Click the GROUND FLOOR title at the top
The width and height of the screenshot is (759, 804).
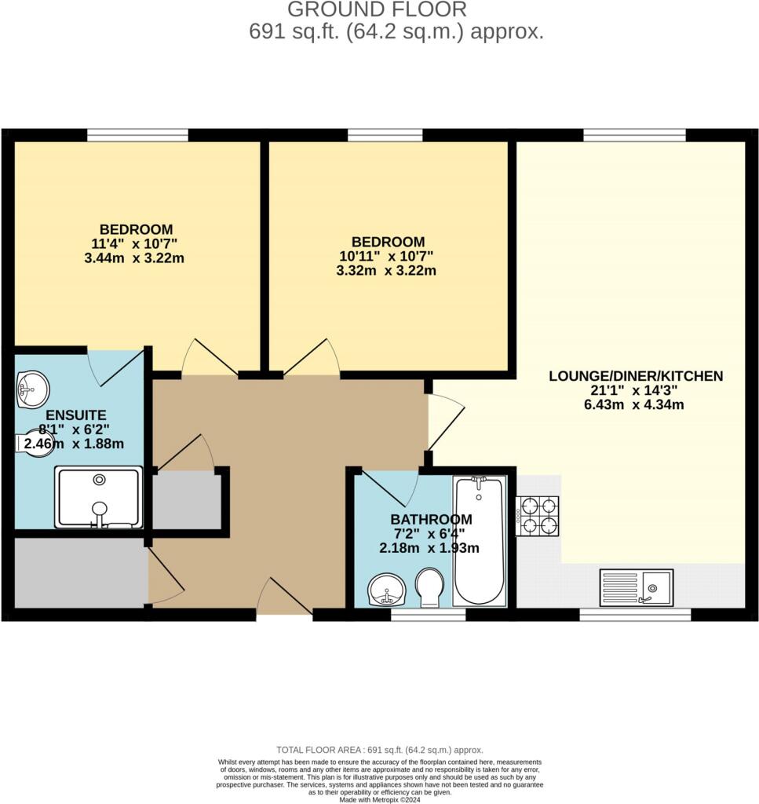(x=376, y=10)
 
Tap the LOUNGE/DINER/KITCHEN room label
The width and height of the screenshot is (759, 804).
(x=635, y=376)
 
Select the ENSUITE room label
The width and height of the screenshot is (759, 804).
(x=75, y=415)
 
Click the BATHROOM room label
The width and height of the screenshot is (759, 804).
(x=432, y=519)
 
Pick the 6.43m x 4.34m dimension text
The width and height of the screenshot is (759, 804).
(x=635, y=405)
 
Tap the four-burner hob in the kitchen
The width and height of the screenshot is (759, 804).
(x=538, y=515)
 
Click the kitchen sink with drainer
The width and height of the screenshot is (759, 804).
(x=636, y=587)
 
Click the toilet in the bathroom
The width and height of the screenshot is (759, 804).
(x=429, y=587)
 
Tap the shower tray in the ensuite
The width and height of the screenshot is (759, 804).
(x=98, y=497)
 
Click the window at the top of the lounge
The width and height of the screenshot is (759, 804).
(x=634, y=135)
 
